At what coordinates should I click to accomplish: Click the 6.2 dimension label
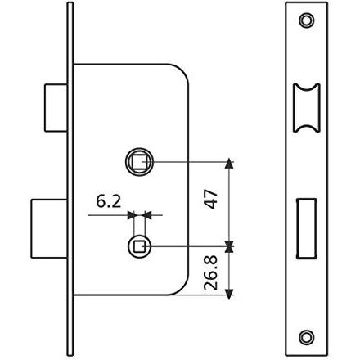click(x=108, y=202)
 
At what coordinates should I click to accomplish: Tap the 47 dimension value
click(x=211, y=199)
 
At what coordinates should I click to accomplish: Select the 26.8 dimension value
click(x=211, y=272)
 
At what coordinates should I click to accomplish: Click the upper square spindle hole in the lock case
click(x=139, y=162)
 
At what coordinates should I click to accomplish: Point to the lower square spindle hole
click(x=139, y=247)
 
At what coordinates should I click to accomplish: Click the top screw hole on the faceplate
click(x=306, y=20)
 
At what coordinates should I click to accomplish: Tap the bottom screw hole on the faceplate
click(x=306, y=337)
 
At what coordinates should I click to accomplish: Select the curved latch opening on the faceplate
click(x=306, y=108)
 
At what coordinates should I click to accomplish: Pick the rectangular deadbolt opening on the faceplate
click(x=306, y=228)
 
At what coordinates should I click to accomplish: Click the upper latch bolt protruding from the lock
click(x=56, y=108)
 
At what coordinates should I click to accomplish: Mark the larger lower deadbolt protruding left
click(x=49, y=228)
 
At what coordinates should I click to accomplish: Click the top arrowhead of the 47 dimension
click(x=230, y=163)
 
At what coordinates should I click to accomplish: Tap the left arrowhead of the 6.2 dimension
click(x=132, y=215)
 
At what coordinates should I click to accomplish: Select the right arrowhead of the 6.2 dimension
click(x=147, y=215)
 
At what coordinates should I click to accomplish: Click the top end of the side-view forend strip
click(x=70, y=2)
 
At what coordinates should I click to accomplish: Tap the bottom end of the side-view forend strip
click(x=70, y=355)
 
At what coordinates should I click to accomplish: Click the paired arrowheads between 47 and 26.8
click(x=230, y=247)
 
